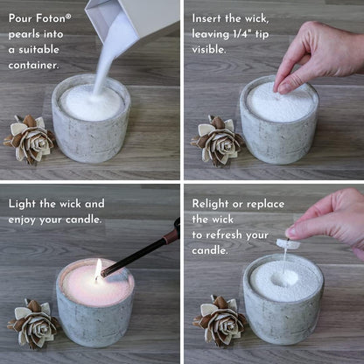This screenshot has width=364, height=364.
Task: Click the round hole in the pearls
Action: (282, 279)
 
